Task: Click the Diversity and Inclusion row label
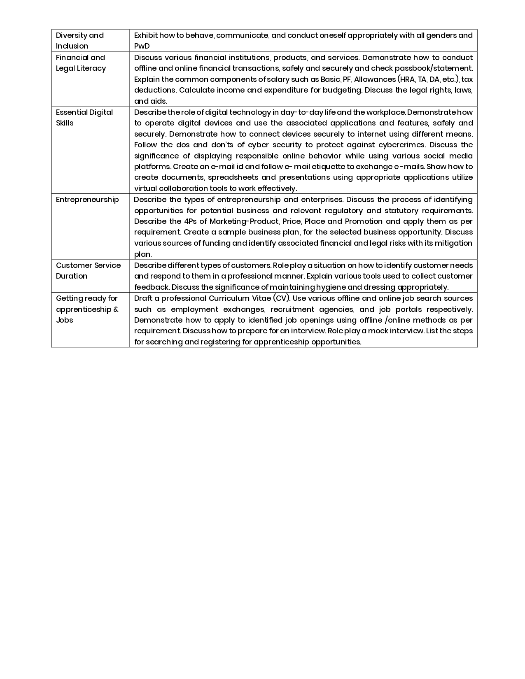(80, 40)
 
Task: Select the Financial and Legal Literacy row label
(81, 63)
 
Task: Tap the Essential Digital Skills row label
(84, 117)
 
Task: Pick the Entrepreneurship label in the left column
(87, 199)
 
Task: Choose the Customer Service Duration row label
(88, 270)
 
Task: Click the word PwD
(142, 46)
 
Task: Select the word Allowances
(374, 79)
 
